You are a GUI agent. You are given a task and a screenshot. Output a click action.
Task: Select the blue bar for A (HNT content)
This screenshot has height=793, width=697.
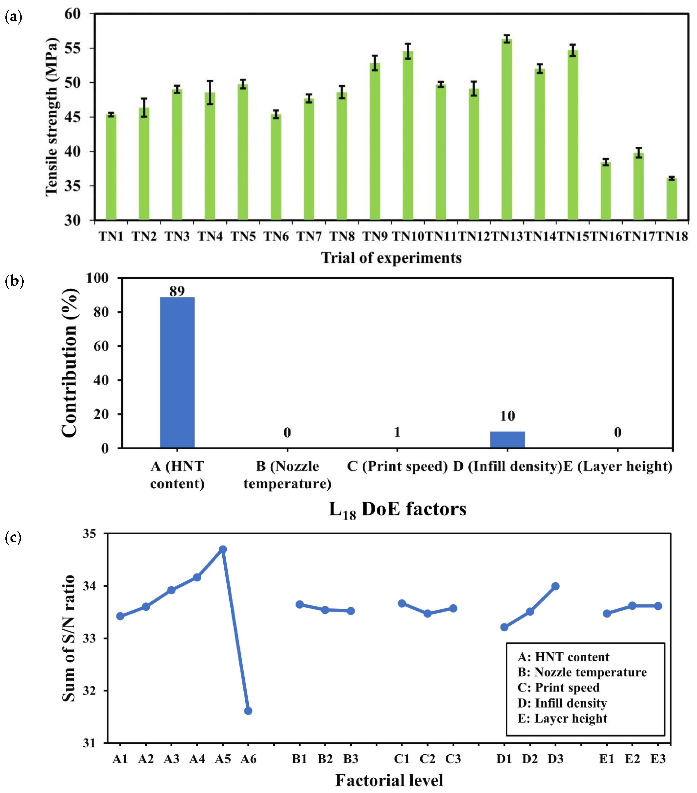pyautogui.click(x=177, y=373)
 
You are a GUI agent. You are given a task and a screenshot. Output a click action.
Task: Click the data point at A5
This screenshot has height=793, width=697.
pyautogui.click(x=223, y=549)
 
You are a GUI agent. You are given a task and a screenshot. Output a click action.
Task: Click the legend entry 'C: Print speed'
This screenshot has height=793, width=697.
pyautogui.click(x=558, y=688)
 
